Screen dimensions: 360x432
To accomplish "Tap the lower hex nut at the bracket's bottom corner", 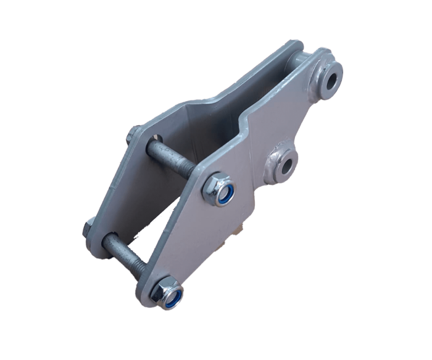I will click(x=167, y=293).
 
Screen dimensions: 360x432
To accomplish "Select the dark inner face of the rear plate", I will click(x=185, y=123).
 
